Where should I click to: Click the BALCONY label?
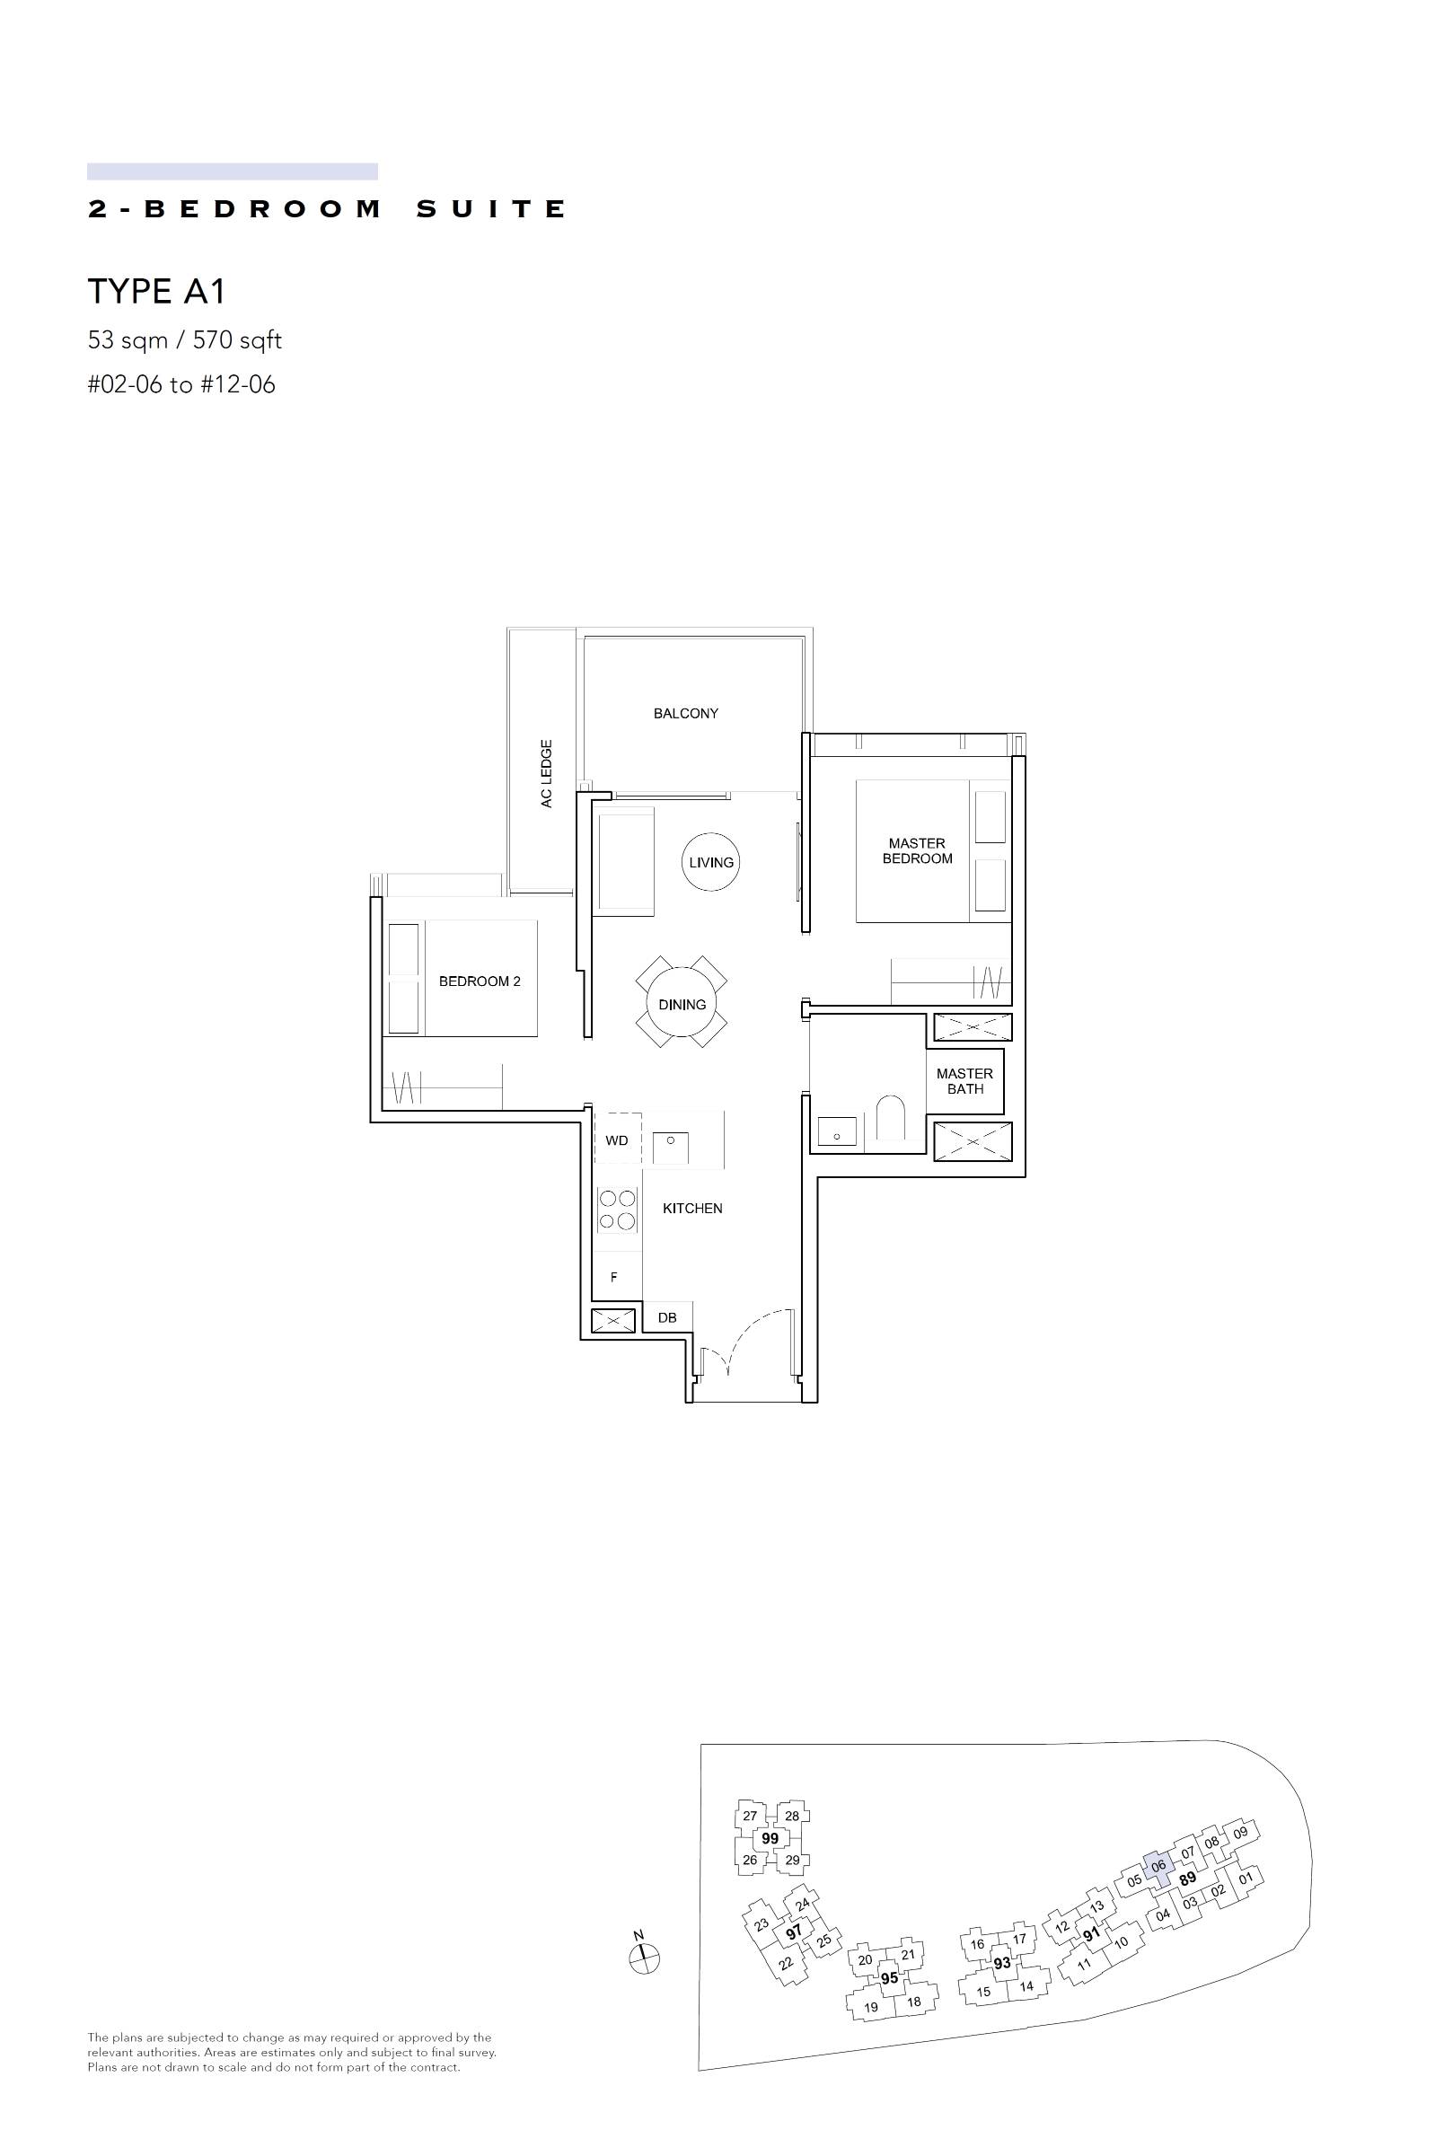[x=685, y=714]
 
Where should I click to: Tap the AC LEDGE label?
[x=546, y=773]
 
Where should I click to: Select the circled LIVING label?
[x=711, y=863]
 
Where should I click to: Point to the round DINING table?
[x=682, y=1004]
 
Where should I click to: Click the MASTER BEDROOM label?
[x=917, y=850]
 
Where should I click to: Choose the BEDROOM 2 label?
[x=480, y=981]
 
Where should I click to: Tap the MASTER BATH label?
[x=964, y=1081]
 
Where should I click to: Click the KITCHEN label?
[x=692, y=1208]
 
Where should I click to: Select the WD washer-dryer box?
[x=617, y=1140]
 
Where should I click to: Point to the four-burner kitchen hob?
[x=618, y=1210]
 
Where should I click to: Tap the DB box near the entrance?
[x=667, y=1317]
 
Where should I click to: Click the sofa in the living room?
[x=625, y=861]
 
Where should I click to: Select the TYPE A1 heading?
[x=156, y=292]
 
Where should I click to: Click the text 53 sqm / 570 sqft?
[x=184, y=340]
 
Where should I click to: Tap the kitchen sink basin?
[x=672, y=1147]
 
